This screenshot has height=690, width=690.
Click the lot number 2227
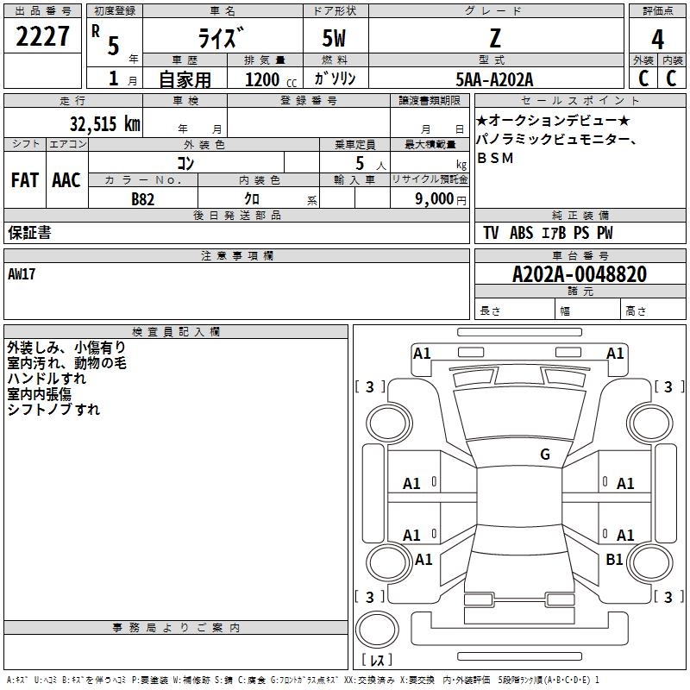tap(42, 36)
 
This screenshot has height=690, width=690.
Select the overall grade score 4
tap(657, 39)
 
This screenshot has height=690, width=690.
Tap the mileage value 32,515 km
tap(105, 123)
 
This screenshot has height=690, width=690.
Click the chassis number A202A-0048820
tap(580, 274)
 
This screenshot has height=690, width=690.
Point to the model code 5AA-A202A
tap(494, 79)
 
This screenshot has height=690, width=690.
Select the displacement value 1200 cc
tap(271, 79)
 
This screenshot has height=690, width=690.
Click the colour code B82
tap(143, 199)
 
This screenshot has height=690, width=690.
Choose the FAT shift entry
tap(25, 180)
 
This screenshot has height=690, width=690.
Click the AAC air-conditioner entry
tap(66, 180)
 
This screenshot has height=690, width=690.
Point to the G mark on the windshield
tap(545, 454)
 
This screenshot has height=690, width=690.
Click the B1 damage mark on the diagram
tap(614, 559)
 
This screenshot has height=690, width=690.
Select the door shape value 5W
tap(334, 38)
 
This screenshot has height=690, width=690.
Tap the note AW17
tap(21, 274)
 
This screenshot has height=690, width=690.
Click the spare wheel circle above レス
tap(377, 630)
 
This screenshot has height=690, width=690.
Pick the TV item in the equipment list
tap(491, 233)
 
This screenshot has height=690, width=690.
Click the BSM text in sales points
tap(495, 158)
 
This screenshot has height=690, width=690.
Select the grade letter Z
tap(495, 38)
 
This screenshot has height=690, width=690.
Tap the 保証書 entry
tap(29, 232)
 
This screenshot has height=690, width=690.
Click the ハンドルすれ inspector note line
tap(47, 379)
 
